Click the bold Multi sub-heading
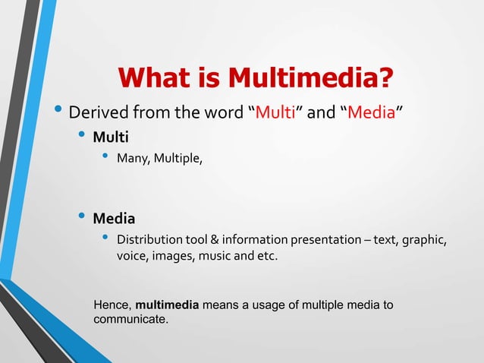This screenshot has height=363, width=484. coord(111,138)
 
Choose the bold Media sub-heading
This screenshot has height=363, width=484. coord(114,219)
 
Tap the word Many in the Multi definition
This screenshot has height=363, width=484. coord(133,159)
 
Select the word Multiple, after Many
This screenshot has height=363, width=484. coord(179,159)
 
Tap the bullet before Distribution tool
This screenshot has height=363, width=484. coord(105,239)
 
